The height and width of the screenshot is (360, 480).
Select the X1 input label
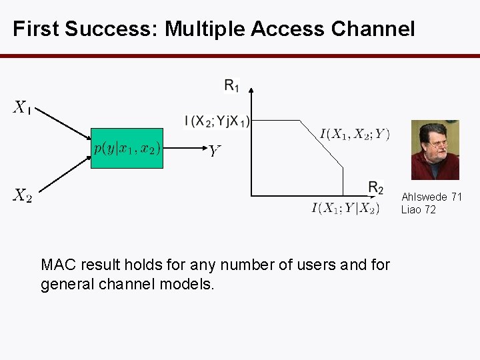[x=22, y=107]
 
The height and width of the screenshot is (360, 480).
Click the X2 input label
[x=23, y=195]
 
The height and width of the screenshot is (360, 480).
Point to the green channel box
[x=127, y=148]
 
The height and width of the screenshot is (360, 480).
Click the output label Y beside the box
[x=213, y=152]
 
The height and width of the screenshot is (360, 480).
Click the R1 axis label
[x=232, y=85]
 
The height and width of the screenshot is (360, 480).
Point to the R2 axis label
[x=375, y=187]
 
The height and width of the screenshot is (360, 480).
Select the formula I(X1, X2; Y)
[x=355, y=135]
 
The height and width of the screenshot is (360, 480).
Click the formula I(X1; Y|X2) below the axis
[x=345, y=209]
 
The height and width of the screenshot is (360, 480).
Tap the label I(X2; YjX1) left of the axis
[x=217, y=121]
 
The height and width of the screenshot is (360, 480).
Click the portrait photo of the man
[x=435, y=150]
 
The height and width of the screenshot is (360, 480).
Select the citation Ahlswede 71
[x=431, y=197]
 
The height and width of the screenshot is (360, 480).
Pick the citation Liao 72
[x=418, y=209]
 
